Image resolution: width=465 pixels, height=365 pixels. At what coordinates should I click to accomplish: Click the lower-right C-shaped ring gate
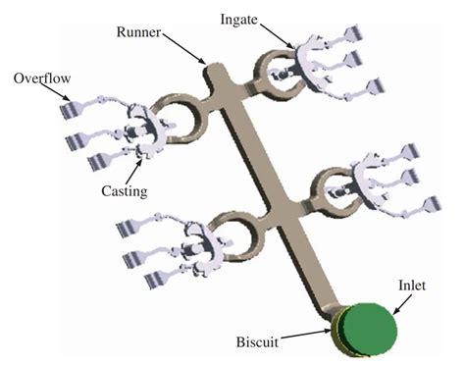pos(331,185)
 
